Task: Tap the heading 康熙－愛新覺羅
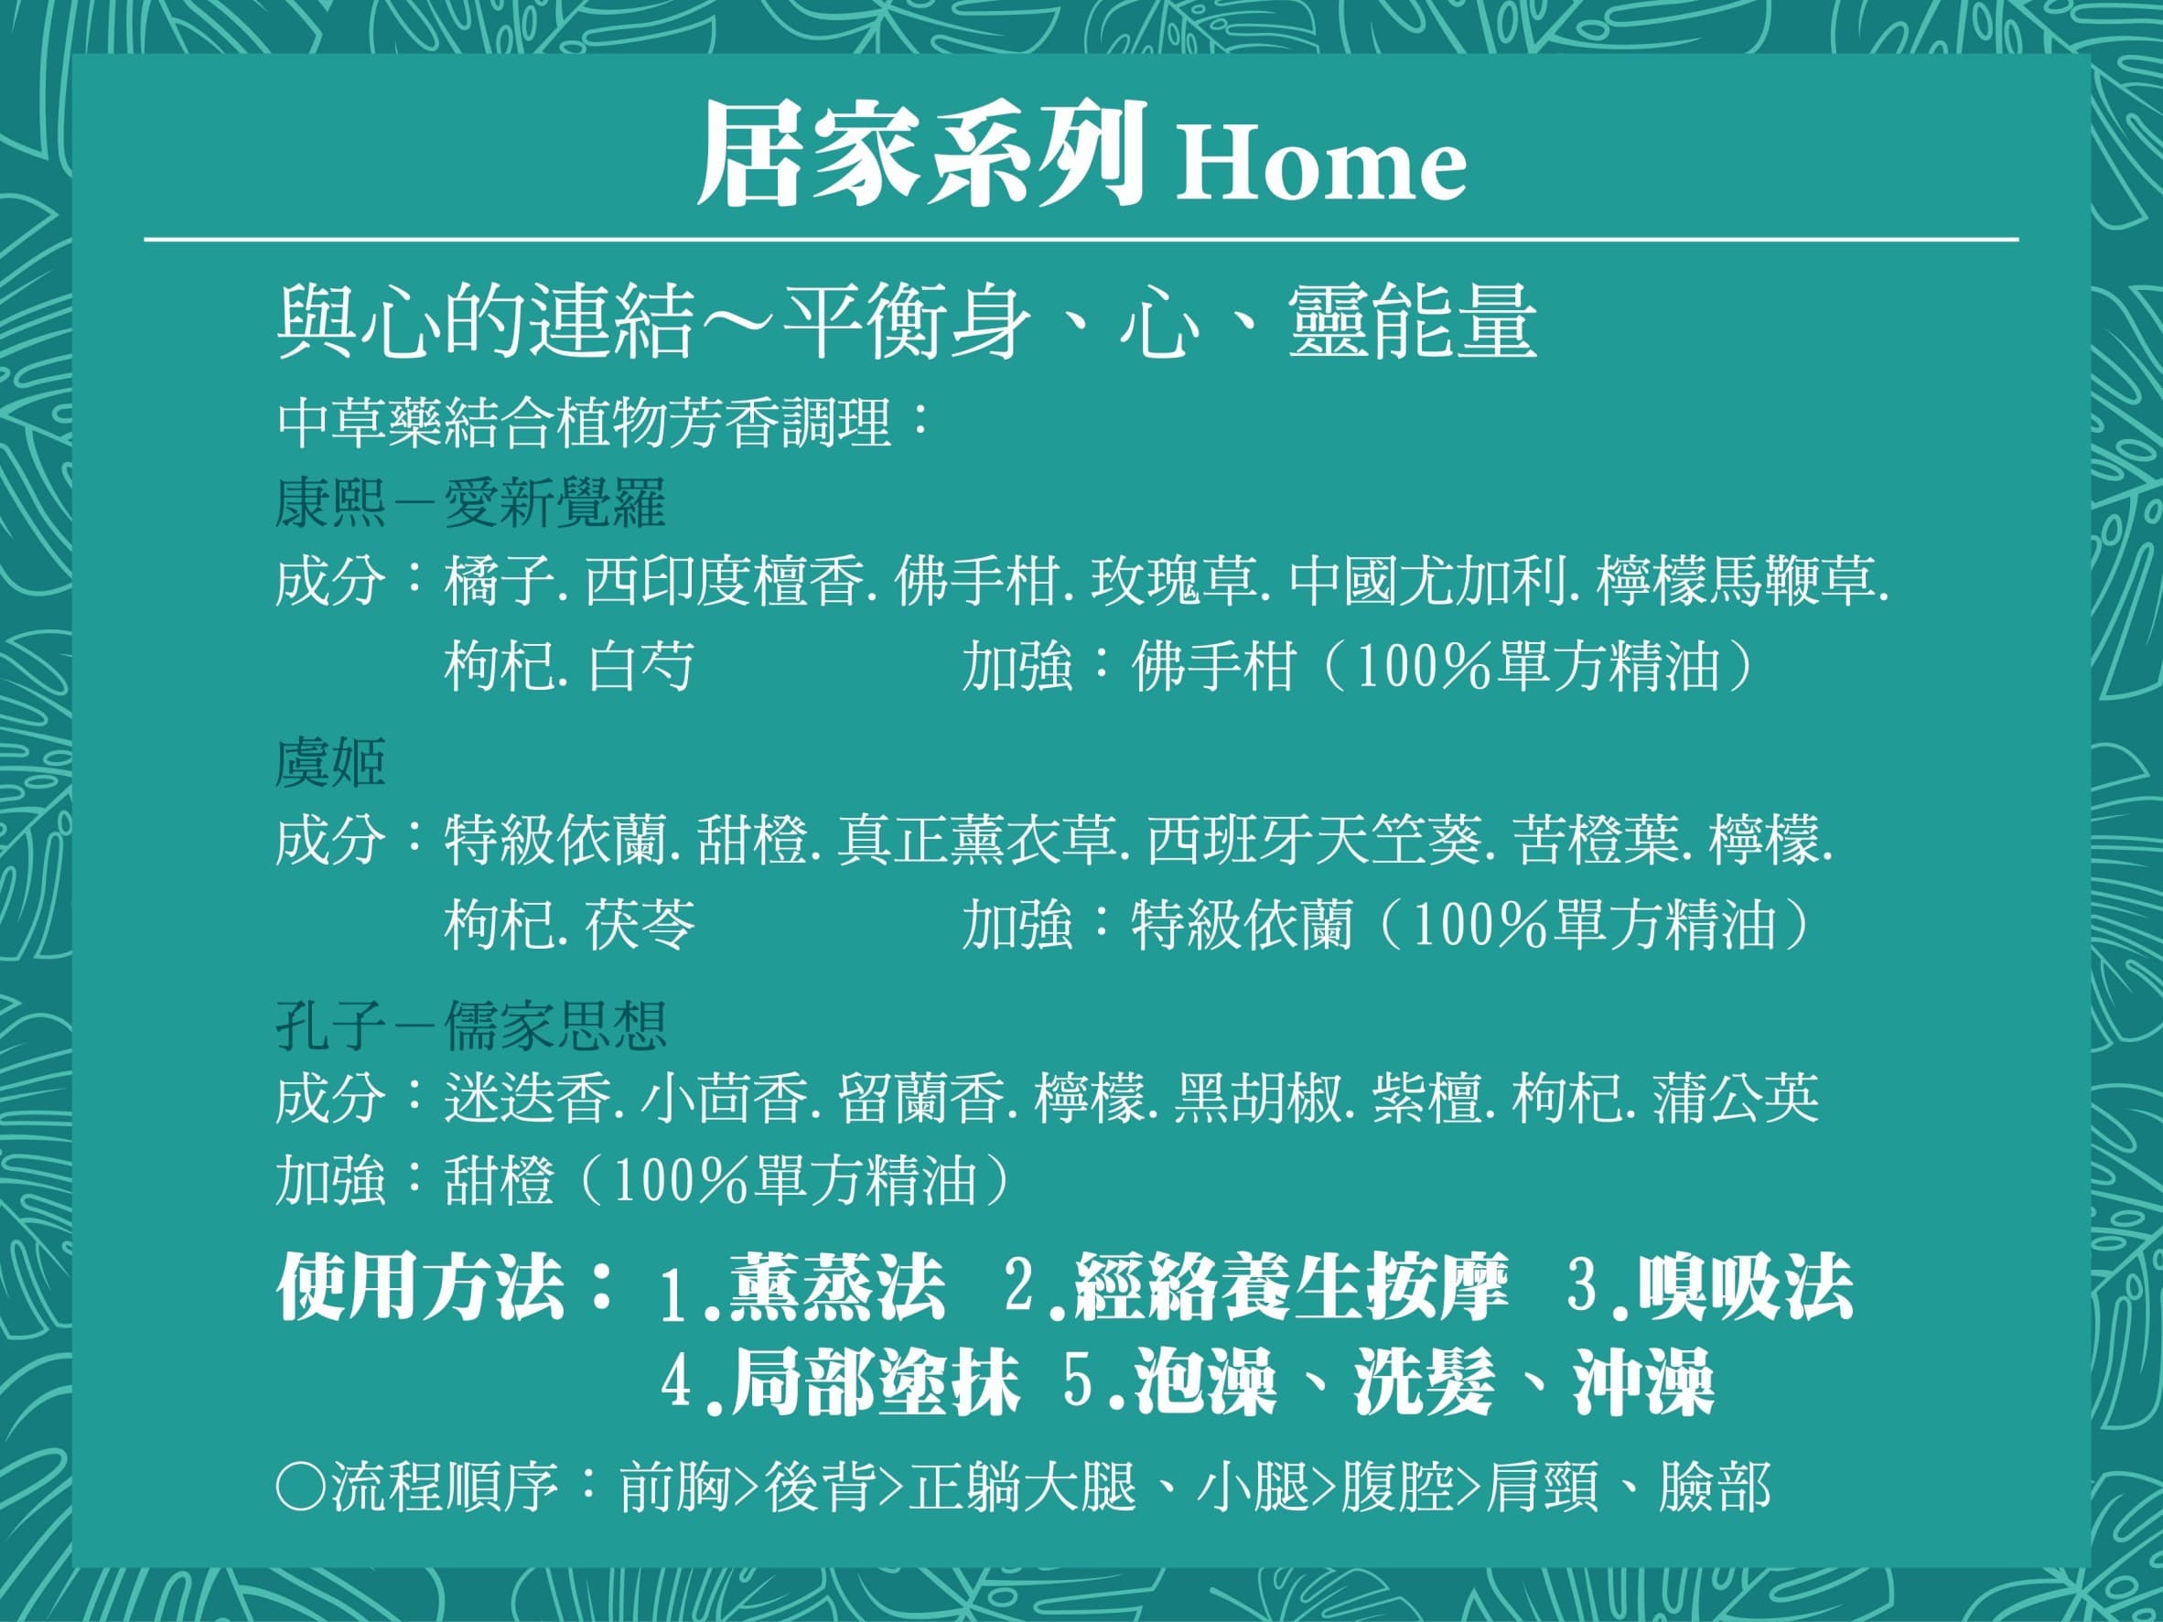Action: coord(470,503)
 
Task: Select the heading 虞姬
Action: coord(330,763)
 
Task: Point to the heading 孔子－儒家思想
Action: coord(471,1024)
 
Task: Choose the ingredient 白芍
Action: coord(640,667)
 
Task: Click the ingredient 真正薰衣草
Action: coord(976,842)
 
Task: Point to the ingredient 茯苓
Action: coord(640,925)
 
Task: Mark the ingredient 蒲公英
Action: coord(1736,1099)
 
